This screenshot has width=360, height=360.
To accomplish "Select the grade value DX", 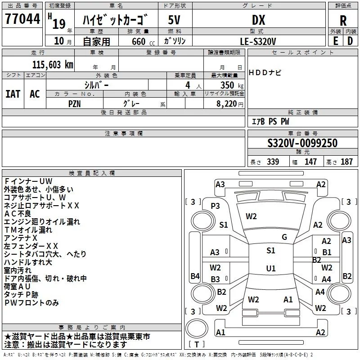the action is (258, 20).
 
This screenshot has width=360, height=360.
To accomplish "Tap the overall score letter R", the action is (343, 21).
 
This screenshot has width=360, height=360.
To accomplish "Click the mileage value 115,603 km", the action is (52, 64).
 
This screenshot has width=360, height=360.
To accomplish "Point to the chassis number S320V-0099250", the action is (302, 143).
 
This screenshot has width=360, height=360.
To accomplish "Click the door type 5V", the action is (175, 20).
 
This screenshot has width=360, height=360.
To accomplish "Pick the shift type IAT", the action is (13, 94).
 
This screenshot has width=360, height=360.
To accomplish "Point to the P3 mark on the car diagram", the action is (216, 206).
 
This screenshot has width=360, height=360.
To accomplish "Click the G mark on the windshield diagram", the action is (284, 237).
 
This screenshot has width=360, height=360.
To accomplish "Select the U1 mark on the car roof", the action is (270, 268).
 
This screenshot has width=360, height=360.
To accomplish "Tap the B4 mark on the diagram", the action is (194, 276).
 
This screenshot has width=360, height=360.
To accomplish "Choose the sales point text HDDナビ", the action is (265, 73).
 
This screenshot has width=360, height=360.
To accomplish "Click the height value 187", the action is (346, 162).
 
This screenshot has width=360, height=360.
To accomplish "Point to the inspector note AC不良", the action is (18, 214).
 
